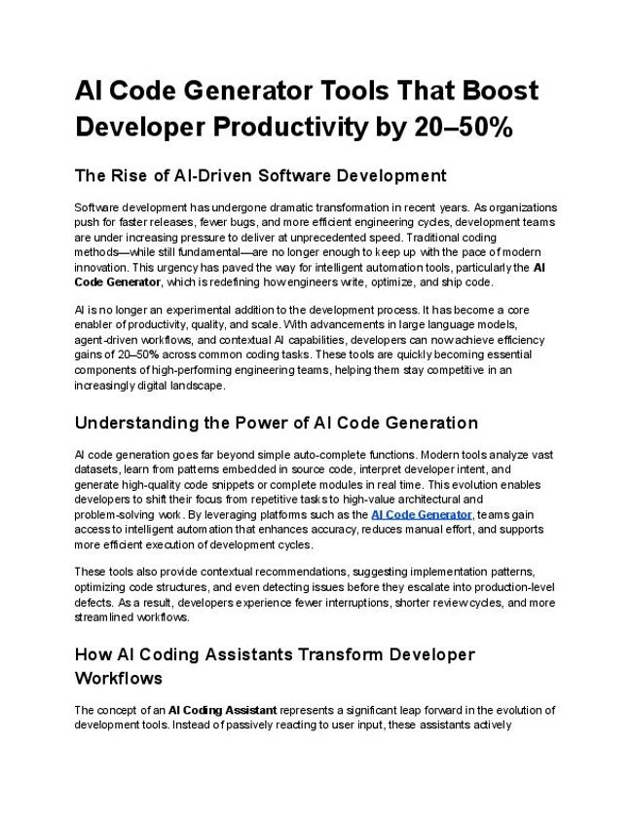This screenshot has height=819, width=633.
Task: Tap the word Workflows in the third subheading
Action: pos(118,677)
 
